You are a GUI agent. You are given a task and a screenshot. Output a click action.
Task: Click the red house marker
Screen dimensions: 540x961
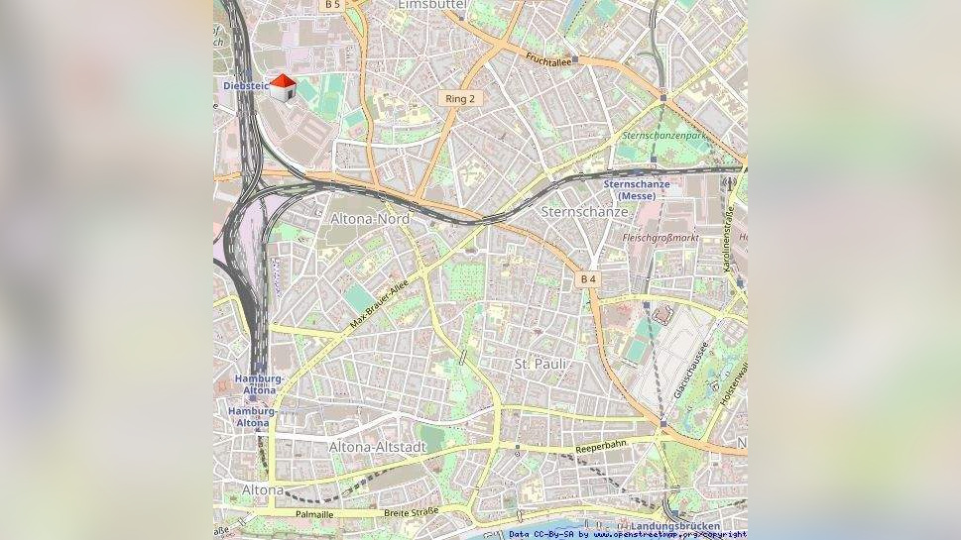pyautogui.click(x=284, y=87)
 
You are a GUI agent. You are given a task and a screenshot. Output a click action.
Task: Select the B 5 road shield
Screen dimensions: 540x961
pyautogui.click(x=331, y=5)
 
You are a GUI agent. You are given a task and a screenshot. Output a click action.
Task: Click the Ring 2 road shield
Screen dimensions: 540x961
pyautogui.click(x=460, y=99)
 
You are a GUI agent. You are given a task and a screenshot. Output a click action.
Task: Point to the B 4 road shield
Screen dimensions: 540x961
pyautogui.click(x=588, y=279)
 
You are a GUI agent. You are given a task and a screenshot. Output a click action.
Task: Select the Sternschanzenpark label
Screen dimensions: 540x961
pyautogui.click(x=662, y=135)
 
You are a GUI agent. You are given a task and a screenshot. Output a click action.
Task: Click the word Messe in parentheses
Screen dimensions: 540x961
pyautogui.click(x=636, y=196)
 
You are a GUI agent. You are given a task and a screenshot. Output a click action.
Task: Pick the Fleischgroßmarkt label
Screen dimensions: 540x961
pyautogui.click(x=661, y=238)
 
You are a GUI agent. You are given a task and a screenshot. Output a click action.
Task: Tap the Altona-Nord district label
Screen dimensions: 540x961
pyautogui.click(x=369, y=219)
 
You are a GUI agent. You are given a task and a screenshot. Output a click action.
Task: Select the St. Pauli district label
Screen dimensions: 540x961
pyautogui.click(x=541, y=365)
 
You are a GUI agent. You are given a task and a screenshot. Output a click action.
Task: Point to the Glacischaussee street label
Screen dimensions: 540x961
pyautogui.click(x=691, y=372)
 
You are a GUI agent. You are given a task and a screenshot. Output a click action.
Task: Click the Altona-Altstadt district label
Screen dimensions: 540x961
pyautogui.click(x=378, y=447)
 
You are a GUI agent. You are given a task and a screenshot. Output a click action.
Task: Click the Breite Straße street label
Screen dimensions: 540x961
pyautogui.click(x=411, y=513)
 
